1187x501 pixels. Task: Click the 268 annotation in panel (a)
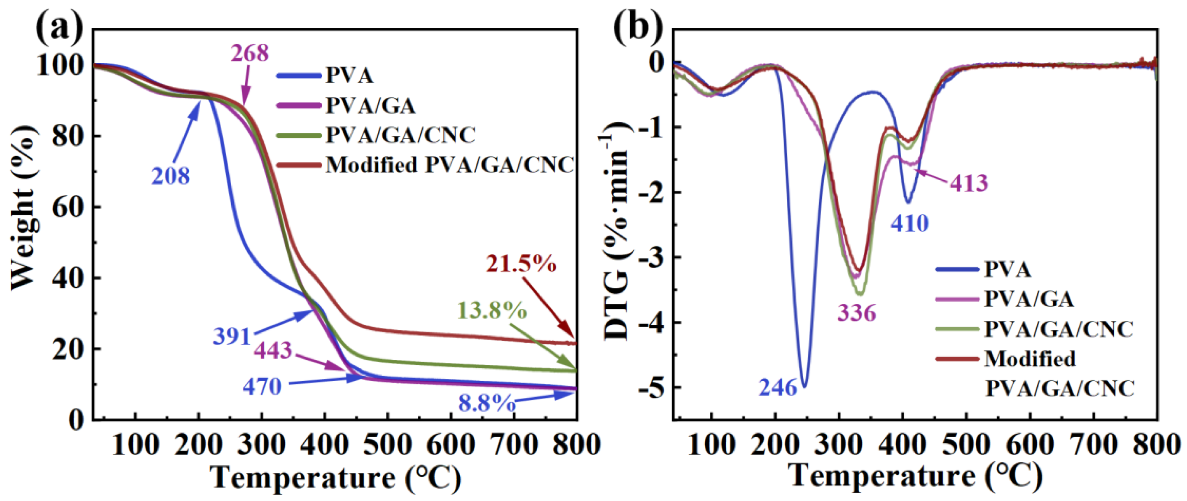[x=250, y=53]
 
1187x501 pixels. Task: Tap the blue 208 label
[x=171, y=176]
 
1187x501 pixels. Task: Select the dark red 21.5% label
[x=521, y=265]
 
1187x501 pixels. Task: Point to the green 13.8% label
[x=492, y=310]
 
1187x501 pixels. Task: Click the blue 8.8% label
[x=487, y=403]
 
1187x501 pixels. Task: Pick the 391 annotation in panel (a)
[x=232, y=337]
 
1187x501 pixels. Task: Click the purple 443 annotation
[x=273, y=350]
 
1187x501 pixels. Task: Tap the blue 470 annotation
[x=262, y=386]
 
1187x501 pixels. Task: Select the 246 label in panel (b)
[x=778, y=387]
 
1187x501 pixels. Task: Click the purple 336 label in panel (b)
[x=856, y=313]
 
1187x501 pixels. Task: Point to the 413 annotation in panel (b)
[x=968, y=183]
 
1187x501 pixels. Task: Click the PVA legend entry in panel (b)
[x=1007, y=269]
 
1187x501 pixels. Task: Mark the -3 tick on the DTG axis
[x=651, y=257]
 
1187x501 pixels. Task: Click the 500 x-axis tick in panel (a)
[x=388, y=445]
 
